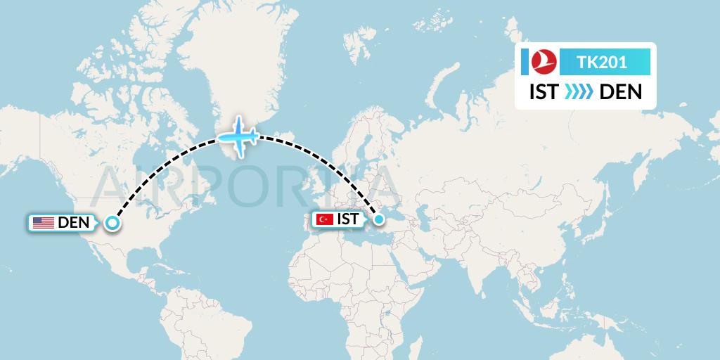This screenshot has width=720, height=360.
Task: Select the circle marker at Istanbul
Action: (x=379, y=219)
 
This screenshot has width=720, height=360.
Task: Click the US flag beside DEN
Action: (x=44, y=223)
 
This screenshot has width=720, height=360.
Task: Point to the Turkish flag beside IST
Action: (x=325, y=219)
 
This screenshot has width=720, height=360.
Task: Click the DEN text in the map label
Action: (x=72, y=223)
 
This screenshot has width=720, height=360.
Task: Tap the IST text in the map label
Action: (x=348, y=219)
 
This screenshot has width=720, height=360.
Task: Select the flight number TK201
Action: (x=601, y=63)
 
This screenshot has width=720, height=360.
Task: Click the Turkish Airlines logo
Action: (x=542, y=63)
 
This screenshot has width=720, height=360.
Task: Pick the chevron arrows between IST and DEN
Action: (x=579, y=92)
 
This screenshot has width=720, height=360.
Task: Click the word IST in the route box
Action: (x=544, y=92)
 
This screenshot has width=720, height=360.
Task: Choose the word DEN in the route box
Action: (x=620, y=92)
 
